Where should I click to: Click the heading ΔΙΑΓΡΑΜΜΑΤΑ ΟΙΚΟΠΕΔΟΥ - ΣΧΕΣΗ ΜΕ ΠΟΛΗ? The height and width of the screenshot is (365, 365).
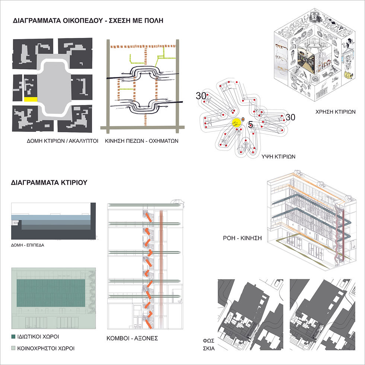[x=88, y=20]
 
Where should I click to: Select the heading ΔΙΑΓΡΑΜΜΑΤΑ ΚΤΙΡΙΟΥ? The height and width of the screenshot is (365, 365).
[x=49, y=183]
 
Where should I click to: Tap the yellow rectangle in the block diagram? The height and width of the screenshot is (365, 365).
[x=31, y=99]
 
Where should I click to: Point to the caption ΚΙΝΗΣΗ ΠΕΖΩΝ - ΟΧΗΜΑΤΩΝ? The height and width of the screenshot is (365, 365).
[x=142, y=141]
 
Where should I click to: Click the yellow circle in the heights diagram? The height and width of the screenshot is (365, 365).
[x=237, y=123]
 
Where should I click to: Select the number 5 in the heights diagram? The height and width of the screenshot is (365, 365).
[x=250, y=125]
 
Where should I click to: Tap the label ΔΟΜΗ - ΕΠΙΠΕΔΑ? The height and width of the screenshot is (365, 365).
[x=29, y=246]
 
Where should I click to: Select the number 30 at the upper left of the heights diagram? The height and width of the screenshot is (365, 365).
[x=201, y=96]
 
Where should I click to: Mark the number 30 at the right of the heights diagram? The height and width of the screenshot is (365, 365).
[x=291, y=117]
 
